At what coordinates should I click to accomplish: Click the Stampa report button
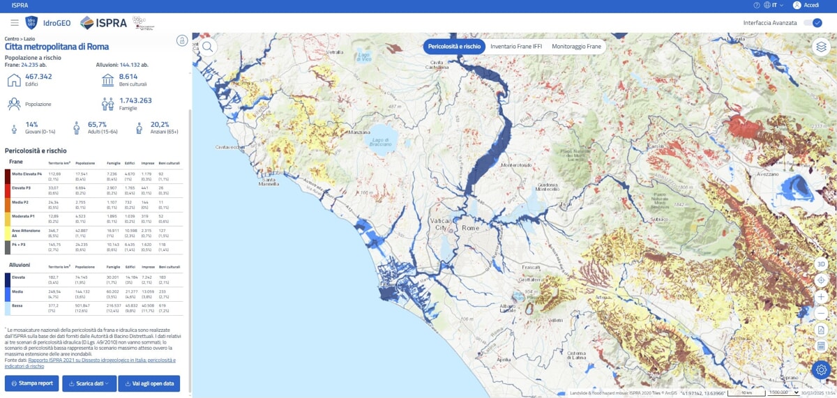[31, 383]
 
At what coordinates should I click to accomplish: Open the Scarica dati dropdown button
[88, 383]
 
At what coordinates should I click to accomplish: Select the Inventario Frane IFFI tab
[515, 47]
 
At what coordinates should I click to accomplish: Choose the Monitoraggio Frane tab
[576, 47]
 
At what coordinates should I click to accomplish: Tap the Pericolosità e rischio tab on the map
[454, 47]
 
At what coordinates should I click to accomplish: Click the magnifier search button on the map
[208, 47]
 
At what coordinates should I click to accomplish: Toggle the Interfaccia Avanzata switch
[813, 23]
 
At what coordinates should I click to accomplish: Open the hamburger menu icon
[15, 23]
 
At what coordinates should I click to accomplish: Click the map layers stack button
[821, 47]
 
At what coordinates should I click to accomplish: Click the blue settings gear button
[821, 369]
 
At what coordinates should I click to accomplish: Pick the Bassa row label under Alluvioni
[17, 305]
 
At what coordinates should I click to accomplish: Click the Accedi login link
[811, 5]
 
